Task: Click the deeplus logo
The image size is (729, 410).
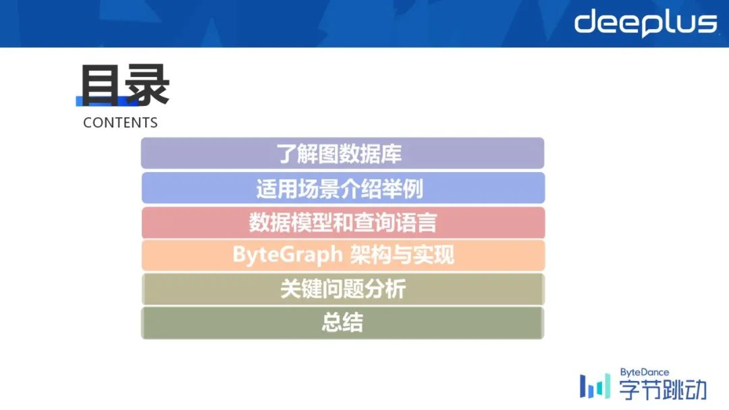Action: pos(646,23)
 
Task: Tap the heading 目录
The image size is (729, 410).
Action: pos(125,85)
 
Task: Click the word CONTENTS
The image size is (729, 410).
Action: pos(120,123)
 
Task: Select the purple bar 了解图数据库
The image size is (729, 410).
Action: pos(343,153)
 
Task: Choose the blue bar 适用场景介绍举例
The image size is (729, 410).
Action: pos(343,188)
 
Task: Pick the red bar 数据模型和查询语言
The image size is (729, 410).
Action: pos(343,223)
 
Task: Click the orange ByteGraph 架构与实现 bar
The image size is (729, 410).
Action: pos(343,255)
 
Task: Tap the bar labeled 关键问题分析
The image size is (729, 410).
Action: pos(343,289)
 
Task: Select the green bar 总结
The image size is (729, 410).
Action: pos(343,323)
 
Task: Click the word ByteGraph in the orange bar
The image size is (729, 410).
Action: pos(288,255)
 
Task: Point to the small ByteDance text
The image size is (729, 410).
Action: pos(645,372)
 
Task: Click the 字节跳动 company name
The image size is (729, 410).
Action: pos(663,390)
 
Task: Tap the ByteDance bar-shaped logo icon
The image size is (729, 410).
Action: pos(595,386)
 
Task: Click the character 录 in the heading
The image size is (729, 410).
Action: pos(148,85)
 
